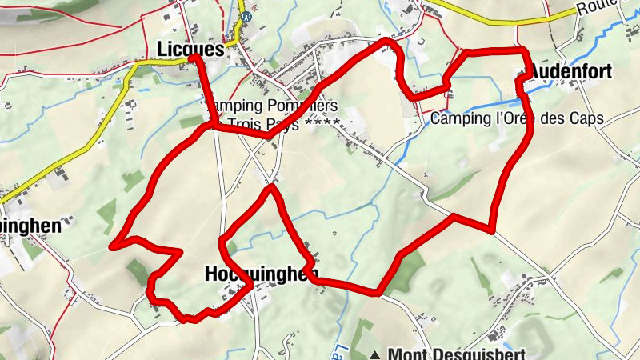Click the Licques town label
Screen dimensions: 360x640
(x=191, y=49)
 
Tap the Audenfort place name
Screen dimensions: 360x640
(x=570, y=72)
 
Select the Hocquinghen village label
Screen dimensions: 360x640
(x=257, y=274)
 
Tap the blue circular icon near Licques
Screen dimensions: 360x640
(x=246, y=15)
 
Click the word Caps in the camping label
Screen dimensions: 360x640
(x=587, y=118)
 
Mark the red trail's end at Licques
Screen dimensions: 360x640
(x=194, y=58)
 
